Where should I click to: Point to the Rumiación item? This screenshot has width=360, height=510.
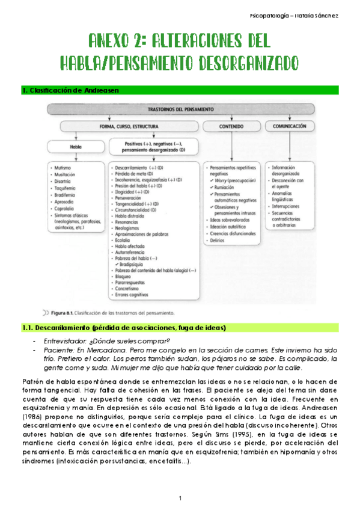point(224,186)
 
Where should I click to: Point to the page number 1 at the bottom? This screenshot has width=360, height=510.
point(180,498)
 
